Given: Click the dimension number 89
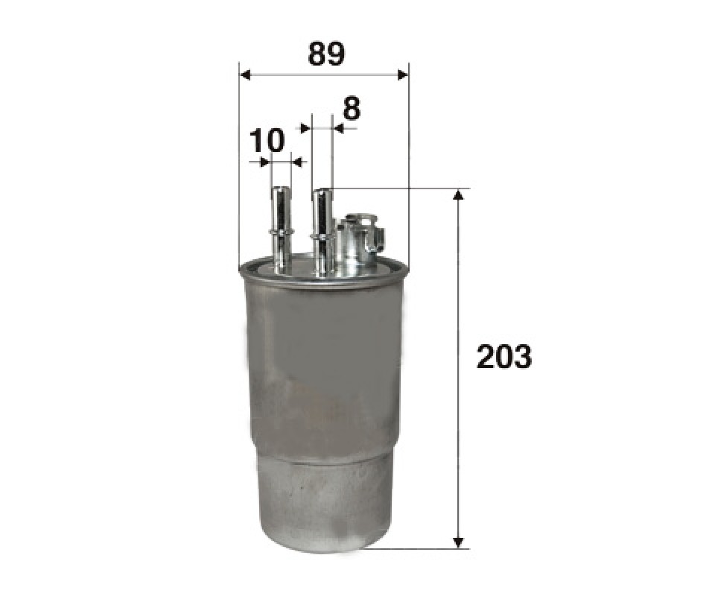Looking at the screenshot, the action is [x=326, y=54].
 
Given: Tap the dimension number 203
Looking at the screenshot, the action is [x=504, y=357].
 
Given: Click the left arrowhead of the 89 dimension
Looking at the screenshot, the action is [x=245, y=74].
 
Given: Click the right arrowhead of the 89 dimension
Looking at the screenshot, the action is [x=403, y=74].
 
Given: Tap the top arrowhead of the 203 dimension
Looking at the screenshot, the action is [x=459, y=194].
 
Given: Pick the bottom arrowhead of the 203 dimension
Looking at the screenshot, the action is [x=459, y=542].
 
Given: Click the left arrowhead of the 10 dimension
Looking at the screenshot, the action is [x=265, y=162].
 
